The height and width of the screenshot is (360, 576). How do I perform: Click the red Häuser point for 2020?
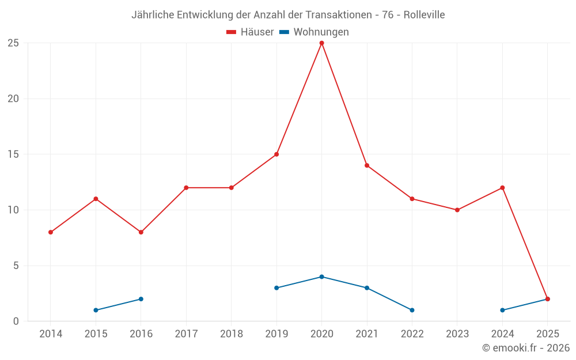point(321,43)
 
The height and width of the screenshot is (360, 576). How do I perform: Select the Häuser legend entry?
point(250,32)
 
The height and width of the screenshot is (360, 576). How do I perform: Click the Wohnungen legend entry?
point(314,32)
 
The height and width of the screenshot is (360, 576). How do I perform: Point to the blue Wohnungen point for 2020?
point(321,277)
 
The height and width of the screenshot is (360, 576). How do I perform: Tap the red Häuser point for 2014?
point(51,232)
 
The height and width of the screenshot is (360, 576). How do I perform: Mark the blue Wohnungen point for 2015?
point(96,310)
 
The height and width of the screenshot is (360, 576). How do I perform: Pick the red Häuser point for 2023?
point(457,210)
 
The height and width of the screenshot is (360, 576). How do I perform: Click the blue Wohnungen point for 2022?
point(412,310)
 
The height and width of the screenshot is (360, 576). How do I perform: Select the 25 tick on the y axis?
point(13,43)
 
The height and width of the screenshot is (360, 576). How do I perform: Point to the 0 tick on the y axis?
point(16,321)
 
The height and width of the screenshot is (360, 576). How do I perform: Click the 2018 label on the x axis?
point(231,334)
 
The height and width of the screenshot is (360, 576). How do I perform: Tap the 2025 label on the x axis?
point(547,334)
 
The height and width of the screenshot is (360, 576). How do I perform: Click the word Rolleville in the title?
point(424,15)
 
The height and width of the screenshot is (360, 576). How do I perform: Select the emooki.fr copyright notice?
point(525,348)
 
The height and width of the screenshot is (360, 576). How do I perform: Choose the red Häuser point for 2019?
point(276,154)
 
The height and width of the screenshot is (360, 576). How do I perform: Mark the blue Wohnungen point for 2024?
point(502,310)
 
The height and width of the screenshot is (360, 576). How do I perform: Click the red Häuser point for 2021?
point(367,165)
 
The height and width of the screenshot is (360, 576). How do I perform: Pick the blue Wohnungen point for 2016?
point(141,299)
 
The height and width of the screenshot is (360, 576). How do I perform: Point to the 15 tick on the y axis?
point(13,154)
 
